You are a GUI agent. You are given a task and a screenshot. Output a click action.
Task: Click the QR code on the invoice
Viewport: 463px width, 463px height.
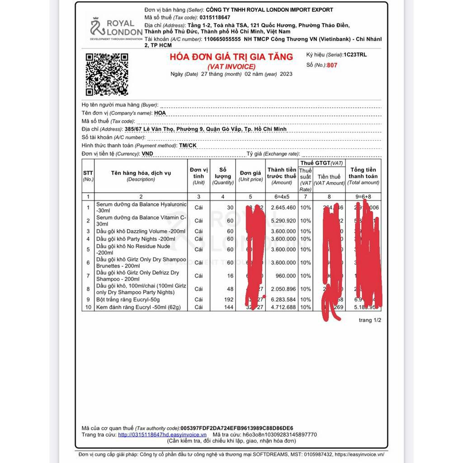tap(107, 74)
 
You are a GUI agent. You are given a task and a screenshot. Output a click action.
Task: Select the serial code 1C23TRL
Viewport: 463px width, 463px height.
tap(355, 55)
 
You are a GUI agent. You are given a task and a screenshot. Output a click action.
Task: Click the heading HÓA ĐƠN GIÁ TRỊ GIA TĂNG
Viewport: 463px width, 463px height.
tap(231, 57)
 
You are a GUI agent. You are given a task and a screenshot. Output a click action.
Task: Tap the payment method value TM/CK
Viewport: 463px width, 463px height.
tap(188, 146)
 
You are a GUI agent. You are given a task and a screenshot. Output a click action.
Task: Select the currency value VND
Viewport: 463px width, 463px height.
tap(147, 154)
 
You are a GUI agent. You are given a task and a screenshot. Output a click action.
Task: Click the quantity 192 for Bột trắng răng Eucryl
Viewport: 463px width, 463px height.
tap(228, 299)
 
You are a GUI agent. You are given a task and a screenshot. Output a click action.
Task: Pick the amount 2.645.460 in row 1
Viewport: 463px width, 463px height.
tap(283, 208)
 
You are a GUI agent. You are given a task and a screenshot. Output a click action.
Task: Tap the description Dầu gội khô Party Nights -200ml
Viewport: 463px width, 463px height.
tap(136, 239)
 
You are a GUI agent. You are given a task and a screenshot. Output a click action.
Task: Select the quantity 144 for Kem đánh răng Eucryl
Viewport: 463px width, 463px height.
tap(228, 307)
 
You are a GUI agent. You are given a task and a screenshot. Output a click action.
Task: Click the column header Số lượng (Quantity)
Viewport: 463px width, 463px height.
tap(223, 176)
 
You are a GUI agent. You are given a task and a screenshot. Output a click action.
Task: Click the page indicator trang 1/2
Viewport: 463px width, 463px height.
tap(370, 320)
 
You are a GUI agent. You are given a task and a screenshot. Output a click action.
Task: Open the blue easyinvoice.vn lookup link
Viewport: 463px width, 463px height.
tap(162, 435)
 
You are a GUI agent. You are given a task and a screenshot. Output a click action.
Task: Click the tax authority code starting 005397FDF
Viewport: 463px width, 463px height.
tap(236, 428)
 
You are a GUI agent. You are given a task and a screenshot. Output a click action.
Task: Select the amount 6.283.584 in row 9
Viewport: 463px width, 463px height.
tap(283, 299)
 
